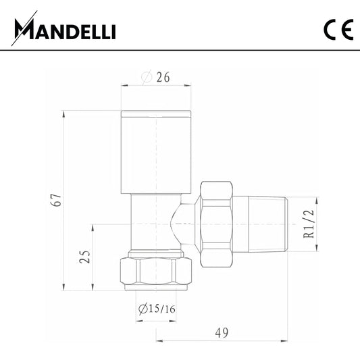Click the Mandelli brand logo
point(63,28)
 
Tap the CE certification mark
point(338,30)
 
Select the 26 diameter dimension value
point(163,77)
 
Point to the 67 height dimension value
point(57,200)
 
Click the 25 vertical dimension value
point(84,257)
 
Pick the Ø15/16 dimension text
point(157,309)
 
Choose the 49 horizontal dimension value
point(222,333)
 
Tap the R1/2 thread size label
point(309,224)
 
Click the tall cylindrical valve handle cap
point(156,152)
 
